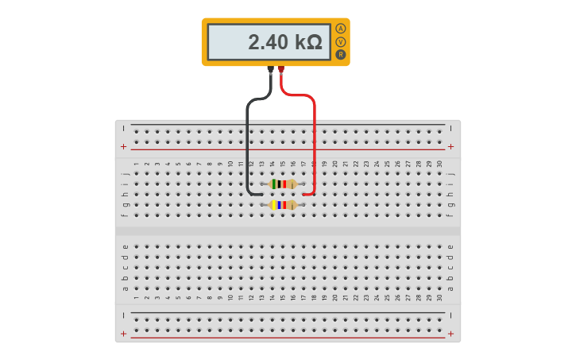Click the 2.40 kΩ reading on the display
pyautogui.click(x=284, y=42)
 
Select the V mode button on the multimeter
pyautogui.click(x=341, y=41)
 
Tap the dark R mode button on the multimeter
pyautogui.click(x=341, y=54)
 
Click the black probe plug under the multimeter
pyautogui.click(x=271, y=70)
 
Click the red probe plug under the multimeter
pyautogui.click(x=280, y=70)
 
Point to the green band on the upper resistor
pyautogui.click(x=275, y=184)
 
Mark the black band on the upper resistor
pyautogui.click(x=279, y=184)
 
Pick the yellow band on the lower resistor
pyautogui.click(x=274, y=205)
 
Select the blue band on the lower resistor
pyautogui.click(x=279, y=205)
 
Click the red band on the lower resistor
pyautogui.click(x=284, y=205)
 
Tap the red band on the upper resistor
pyautogui.click(x=284, y=184)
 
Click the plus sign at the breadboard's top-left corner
pyautogui.click(x=123, y=146)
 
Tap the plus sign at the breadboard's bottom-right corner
pyautogui.click(x=451, y=334)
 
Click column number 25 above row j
pyautogui.click(x=388, y=164)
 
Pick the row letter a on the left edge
pyautogui.click(x=126, y=288)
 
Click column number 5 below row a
pyautogui.click(x=178, y=298)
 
